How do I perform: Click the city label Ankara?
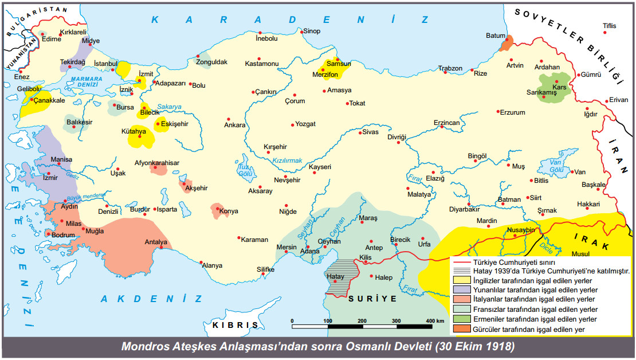tap(234, 125)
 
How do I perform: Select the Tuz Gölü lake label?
tap(245, 170)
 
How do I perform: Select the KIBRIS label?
tap(235, 324)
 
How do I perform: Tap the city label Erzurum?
tap(512, 112)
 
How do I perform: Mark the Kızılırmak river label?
tap(286, 161)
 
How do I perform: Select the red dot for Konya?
tap(218, 210)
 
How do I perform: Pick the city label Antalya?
tap(156, 241)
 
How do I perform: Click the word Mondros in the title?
tap(147, 347)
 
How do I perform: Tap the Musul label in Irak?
tap(580, 253)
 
